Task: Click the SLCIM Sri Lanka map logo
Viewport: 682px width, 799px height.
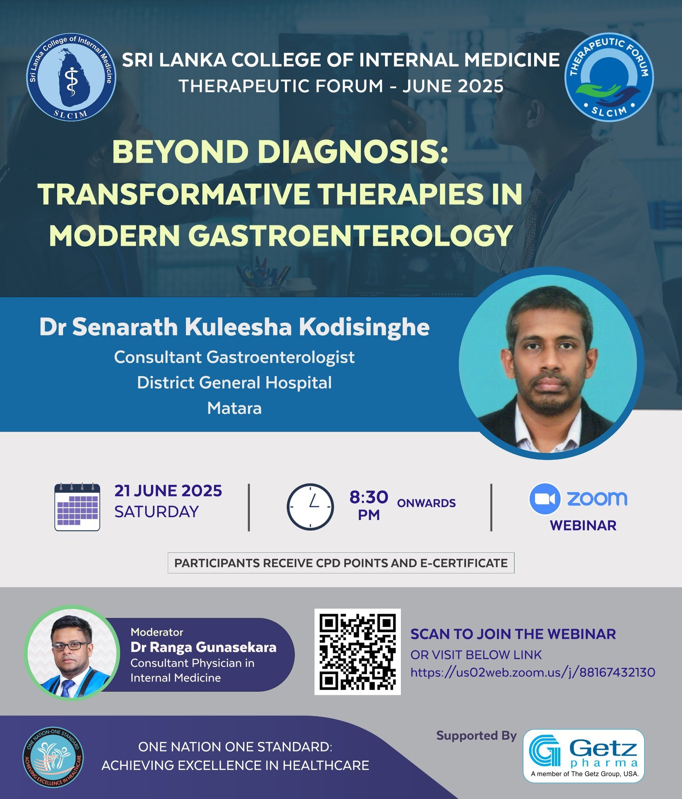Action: [x=71, y=77]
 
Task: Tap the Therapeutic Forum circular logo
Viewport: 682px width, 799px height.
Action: [x=609, y=77]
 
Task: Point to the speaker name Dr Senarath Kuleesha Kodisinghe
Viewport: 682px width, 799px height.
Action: [x=234, y=327]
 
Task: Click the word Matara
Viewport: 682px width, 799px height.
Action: [x=234, y=408]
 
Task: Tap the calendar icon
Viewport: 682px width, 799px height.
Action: [x=77, y=507]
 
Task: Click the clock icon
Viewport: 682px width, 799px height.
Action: [x=310, y=507]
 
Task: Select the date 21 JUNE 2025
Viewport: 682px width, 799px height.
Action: [x=168, y=491]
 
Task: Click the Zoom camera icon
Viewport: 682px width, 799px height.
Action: [x=545, y=499]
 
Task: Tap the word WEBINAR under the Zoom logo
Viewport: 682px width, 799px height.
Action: [x=583, y=526]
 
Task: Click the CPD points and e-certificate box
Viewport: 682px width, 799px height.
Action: [x=341, y=563]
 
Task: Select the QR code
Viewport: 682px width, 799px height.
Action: [x=357, y=652]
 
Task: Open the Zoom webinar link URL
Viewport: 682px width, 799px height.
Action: [x=533, y=672]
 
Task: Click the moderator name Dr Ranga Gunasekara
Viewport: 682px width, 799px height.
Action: [x=203, y=647]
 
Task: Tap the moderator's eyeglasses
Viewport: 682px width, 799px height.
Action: [x=71, y=646]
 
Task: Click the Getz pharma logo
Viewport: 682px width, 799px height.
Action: [x=583, y=756]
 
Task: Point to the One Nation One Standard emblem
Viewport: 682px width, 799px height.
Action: [x=53, y=757]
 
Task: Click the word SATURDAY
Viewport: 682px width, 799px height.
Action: [x=156, y=511]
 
